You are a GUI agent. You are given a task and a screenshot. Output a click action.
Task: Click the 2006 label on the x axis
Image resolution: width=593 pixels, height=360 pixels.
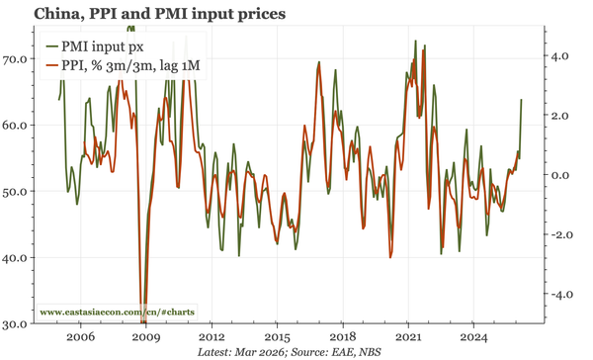(x=81, y=336)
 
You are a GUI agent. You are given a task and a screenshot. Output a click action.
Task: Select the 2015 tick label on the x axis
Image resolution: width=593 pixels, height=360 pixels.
(x=277, y=336)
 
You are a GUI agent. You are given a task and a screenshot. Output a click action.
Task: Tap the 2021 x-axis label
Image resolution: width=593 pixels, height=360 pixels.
(x=408, y=336)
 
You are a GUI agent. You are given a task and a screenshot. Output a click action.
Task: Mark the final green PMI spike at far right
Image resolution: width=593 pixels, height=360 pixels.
(x=521, y=101)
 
